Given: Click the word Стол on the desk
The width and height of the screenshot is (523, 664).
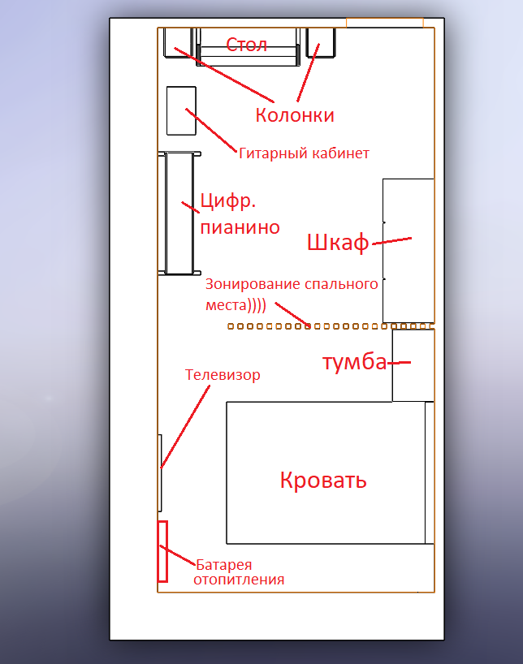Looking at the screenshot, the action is click(x=246, y=45).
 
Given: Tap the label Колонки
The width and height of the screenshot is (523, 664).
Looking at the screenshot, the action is click(x=295, y=114).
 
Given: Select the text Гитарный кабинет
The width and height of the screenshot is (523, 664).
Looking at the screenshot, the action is click(x=304, y=153).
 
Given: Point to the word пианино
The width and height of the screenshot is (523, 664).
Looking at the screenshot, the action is click(x=240, y=227).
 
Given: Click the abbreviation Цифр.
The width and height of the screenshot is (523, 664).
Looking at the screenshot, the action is click(x=228, y=201).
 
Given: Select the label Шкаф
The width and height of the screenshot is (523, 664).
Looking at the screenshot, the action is click(x=338, y=243).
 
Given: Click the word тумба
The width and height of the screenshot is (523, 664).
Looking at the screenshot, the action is click(x=355, y=363).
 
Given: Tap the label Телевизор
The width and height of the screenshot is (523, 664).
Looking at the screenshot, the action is click(x=223, y=375).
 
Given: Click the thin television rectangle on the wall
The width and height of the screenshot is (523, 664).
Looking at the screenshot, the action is click(x=160, y=472).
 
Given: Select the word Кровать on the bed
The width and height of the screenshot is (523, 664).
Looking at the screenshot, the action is click(x=323, y=481).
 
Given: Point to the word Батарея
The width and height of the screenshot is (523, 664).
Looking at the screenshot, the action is click(x=224, y=565).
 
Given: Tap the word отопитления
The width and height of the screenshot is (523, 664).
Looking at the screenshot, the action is click(x=239, y=580).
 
